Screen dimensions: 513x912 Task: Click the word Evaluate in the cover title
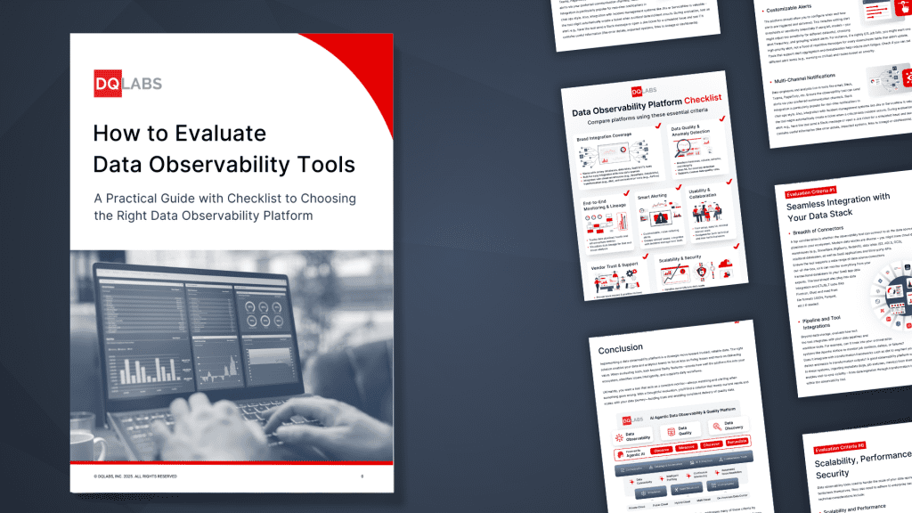(219, 134)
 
